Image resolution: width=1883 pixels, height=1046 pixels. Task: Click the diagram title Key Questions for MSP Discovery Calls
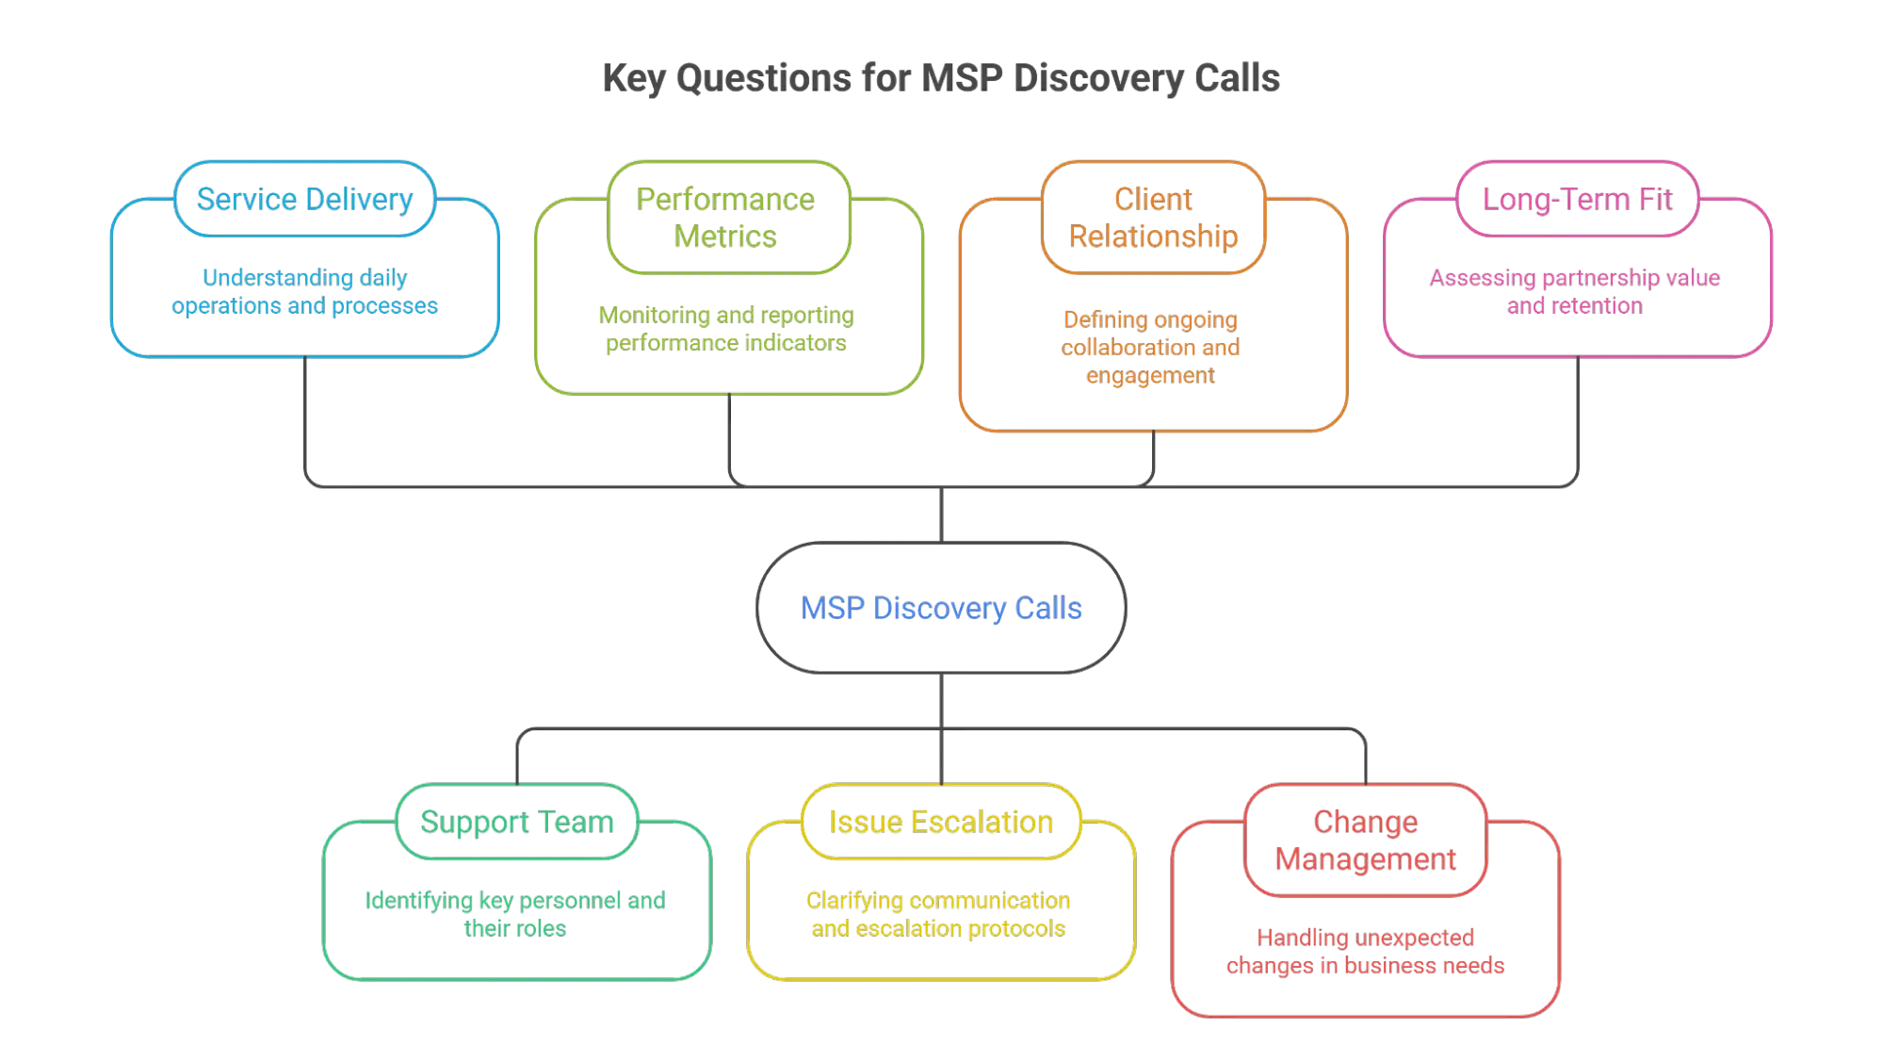(941, 79)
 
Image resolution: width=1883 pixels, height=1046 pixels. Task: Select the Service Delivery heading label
(304, 199)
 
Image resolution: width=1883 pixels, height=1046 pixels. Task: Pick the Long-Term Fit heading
(1577, 199)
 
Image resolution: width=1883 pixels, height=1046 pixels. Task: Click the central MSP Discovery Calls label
(941, 608)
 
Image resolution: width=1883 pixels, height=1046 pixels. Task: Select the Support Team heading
(517, 822)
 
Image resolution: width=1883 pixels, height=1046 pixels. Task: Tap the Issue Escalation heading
(941, 822)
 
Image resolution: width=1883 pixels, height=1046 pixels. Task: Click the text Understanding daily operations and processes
(304, 292)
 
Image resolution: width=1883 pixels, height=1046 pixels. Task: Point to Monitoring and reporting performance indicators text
(725, 329)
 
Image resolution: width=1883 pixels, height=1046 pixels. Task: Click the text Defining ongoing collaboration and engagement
(1150, 348)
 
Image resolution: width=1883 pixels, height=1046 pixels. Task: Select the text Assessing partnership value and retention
(1576, 292)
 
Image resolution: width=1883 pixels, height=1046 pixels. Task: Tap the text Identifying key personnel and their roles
(515, 914)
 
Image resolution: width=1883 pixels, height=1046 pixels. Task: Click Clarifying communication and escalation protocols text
(938, 914)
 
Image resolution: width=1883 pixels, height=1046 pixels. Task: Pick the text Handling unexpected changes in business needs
(1366, 952)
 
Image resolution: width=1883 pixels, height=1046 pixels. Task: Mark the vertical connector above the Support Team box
(517, 759)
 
